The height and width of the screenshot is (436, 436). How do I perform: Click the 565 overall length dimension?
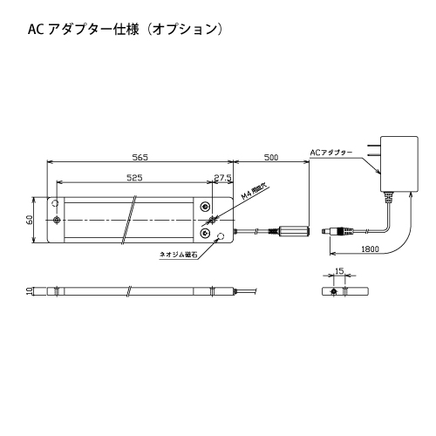pos(140,157)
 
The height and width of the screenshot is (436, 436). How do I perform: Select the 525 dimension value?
pos(134,178)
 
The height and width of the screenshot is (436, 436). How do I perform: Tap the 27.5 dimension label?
pos(222,178)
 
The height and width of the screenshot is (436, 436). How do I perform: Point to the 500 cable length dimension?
pos(271,157)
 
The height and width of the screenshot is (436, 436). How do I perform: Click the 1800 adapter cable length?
pos(370,249)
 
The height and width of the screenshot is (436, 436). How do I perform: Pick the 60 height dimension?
pos(29,220)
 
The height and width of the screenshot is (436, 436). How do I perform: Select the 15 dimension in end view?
pos(339,271)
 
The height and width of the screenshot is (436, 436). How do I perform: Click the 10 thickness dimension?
pos(29,291)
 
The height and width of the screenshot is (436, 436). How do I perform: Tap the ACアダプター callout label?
pos(331,153)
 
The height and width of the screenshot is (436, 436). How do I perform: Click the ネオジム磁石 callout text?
pos(179,255)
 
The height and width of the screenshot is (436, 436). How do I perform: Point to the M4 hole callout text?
pos(255,192)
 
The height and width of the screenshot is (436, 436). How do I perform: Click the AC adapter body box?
pos(399,164)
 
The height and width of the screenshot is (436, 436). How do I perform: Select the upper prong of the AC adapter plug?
pos(374,145)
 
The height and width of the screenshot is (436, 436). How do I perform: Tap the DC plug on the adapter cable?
pos(337,232)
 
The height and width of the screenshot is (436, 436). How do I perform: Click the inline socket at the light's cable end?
pos(294,231)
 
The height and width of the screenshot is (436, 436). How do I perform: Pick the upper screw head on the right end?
pos(206,207)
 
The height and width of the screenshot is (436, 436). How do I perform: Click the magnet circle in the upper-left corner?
pos(55,203)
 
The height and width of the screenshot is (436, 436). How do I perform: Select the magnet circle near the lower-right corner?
pos(221,235)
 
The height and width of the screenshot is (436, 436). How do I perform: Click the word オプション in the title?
pos(185,30)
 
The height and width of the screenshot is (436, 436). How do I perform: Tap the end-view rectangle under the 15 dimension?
pos(345,291)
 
